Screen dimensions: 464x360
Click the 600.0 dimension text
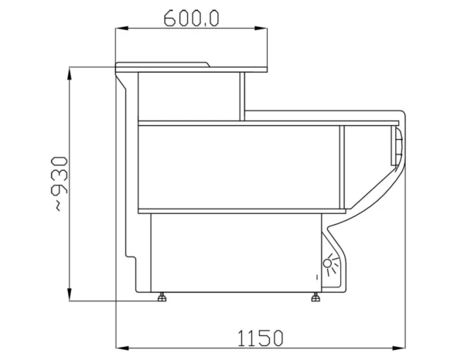192,19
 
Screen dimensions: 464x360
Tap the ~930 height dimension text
60,184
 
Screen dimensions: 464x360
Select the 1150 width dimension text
261,338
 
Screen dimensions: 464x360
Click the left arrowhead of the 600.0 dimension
122,29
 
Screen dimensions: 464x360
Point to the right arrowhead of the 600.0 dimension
261,29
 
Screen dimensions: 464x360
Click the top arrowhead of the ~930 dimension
70,73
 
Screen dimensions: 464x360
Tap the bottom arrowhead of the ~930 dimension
70,294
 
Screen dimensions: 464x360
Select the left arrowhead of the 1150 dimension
122,348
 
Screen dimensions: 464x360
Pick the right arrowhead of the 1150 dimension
399,348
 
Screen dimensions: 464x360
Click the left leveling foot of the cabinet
162,297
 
